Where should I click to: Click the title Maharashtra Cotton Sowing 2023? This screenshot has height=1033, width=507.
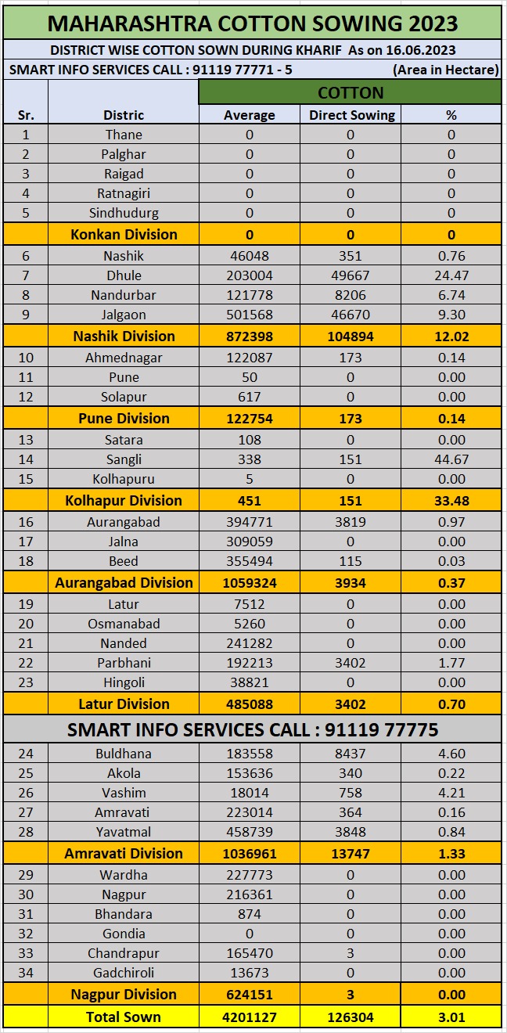click(x=253, y=23)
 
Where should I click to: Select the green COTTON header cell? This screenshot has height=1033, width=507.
click(x=350, y=92)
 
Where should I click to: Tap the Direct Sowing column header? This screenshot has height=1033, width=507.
click(x=351, y=115)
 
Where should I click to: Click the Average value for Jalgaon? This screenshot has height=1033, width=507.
click(x=250, y=315)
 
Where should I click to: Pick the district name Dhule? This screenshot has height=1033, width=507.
click(x=124, y=275)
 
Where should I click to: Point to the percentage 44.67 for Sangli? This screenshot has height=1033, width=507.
click(x=451, y=459)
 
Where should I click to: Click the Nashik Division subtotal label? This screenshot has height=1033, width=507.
click(x=124, y=336)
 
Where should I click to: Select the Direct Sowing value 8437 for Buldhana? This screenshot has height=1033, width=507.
click(x=351, y=754)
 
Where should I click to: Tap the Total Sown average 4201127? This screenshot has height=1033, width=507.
click(x=250, y=1017)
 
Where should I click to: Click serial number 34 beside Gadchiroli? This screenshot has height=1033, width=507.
click(x=26, y=973)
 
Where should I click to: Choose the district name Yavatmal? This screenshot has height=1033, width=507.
click(x=124, y=832)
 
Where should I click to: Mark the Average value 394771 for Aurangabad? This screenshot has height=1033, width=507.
click(x=250, y=522)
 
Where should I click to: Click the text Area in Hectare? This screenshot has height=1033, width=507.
click(x=445, y=70)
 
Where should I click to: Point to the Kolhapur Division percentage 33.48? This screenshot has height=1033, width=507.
click(x=451, y=501)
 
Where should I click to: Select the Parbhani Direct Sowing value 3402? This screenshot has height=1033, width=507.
click(x=351, y=663)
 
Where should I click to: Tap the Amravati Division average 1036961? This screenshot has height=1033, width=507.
click(x=250, y=853)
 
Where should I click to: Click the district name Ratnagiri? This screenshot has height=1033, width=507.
click(x=124, y=193)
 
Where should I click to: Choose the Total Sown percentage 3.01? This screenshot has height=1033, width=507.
click(x=451, y=1017)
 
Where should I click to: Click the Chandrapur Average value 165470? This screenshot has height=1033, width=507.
click(x=250, y=953)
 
